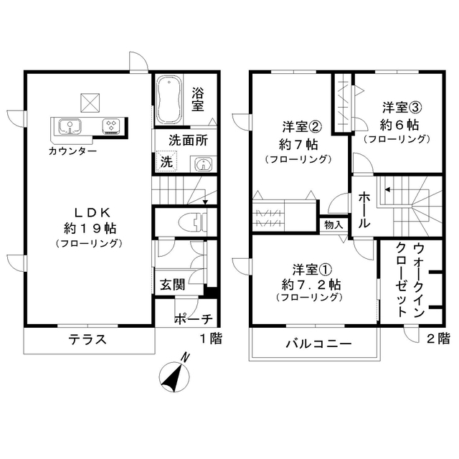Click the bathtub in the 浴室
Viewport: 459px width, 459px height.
[170, 99]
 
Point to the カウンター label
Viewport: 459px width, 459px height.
[73, 151]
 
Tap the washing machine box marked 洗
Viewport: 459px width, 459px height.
[166, 161]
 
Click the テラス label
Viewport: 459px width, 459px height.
[87, 339]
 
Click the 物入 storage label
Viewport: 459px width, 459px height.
[333, 225]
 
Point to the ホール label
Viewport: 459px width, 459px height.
[364, 210]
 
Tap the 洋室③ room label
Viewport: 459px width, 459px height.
[401, 108]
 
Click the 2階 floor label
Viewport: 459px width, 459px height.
[438, 338]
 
